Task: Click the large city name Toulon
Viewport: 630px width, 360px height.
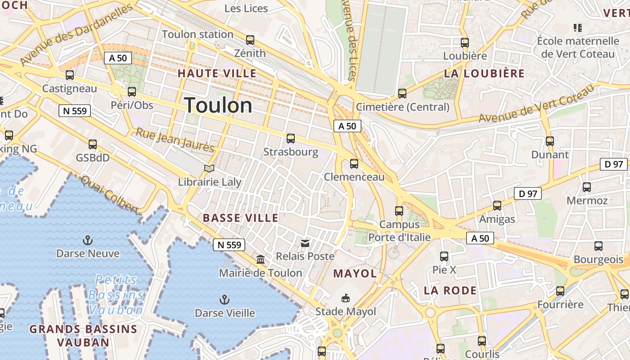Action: click(x=218, y=105)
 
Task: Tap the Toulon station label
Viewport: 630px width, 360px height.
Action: click(x=198, y=34)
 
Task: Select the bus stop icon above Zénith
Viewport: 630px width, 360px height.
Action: click(x=250, y=40)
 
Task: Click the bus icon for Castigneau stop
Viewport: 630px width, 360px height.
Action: click(x=70, y=75)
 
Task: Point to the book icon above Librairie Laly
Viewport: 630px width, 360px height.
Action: click(x=209, y=168)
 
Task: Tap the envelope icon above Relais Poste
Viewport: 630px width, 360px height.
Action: click(x=305, y=243)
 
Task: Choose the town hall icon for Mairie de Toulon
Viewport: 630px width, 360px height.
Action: click(x=261, y=260)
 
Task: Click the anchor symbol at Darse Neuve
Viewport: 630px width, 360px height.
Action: click(x=88, y=240)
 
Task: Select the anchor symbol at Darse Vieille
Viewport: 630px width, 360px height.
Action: click(x=225, y=300)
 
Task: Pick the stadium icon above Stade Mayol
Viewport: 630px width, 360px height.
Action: click(x=346, y=298)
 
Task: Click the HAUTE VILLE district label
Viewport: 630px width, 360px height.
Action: click(x=217, y=73)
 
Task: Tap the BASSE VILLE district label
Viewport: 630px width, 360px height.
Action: click(x=240, y=218)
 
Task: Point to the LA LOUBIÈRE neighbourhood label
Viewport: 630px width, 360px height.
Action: click(x=484, y=73)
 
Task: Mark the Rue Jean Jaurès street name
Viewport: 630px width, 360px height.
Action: click(x=175, y=140)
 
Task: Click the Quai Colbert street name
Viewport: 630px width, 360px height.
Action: click(x=110, y=194)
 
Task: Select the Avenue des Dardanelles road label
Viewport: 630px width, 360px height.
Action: click(x=76, y=34)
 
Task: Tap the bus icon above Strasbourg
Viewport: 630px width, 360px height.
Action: click(x=291, y=139)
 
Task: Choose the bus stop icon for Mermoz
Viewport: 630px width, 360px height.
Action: click(x=587, y=187)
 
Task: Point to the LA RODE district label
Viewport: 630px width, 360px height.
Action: click(x=450, y=290)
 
